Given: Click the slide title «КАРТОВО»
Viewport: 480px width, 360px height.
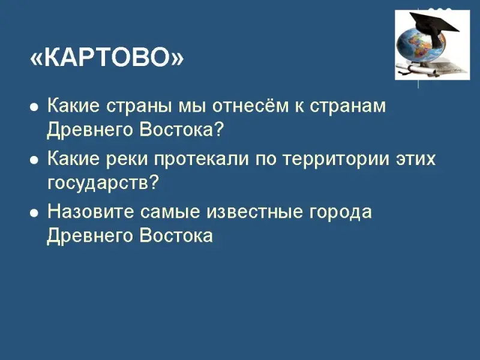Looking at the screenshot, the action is (x=107, y=58).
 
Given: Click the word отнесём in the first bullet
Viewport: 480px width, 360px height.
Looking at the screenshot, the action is (x=250, y=106).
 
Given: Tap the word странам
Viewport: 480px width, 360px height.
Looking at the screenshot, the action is (x=348, y=106).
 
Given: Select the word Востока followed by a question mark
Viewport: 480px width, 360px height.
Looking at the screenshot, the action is (x=182, y=130).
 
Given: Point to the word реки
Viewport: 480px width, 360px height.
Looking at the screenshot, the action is (x=127, y=159).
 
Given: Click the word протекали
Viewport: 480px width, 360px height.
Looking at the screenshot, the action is (x=201, y=159).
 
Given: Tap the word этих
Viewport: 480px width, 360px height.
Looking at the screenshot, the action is (x=415, y=159).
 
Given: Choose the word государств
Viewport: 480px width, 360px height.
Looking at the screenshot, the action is (x=103, y=183).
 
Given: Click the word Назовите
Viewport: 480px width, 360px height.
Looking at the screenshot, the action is (x=91, y=212).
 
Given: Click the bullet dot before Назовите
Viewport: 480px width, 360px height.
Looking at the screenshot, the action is (x=34, y=214).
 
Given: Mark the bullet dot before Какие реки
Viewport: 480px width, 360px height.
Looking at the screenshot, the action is (x=34, y=160).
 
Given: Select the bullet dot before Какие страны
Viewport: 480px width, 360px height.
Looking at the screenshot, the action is (x=34, y=107).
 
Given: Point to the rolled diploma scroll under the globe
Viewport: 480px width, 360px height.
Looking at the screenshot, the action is (x=417, y=69).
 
